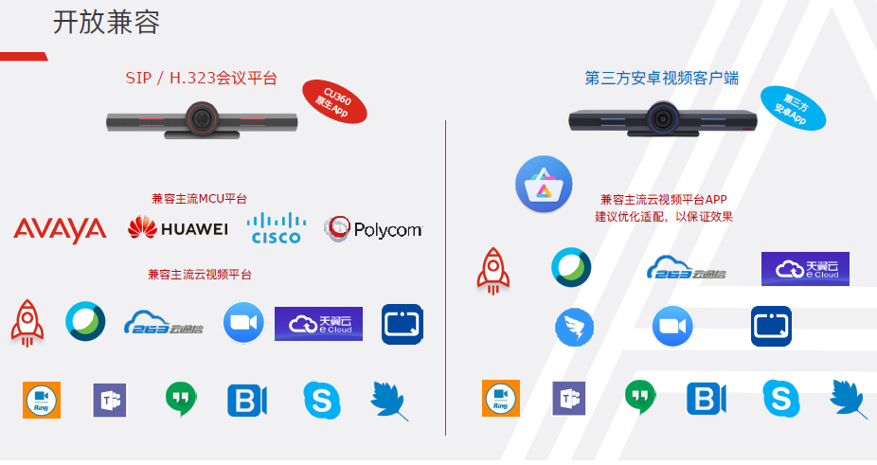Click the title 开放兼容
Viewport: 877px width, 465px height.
pos(106,23)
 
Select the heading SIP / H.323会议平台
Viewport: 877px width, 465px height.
pos(202,79)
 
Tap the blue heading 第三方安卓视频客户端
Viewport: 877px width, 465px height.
pos(661,79)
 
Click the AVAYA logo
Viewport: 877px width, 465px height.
pos(60,229)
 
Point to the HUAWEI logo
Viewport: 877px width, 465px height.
pos(178,228)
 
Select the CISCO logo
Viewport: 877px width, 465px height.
pos(276,228)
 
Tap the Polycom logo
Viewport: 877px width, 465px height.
pos(372,228)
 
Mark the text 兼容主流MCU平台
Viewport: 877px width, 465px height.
pos(199,199)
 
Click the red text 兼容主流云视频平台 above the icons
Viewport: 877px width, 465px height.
pos(200,275)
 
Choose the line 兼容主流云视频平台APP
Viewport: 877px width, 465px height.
pos(663,200)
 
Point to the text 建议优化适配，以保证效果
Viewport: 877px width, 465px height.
pos(663,217)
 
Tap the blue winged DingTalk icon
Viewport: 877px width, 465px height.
pos(574,327)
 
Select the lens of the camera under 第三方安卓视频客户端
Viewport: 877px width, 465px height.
pos(662,118)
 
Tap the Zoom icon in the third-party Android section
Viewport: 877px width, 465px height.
pos(672,327)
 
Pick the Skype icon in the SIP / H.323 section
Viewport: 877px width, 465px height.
pos(321,400)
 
